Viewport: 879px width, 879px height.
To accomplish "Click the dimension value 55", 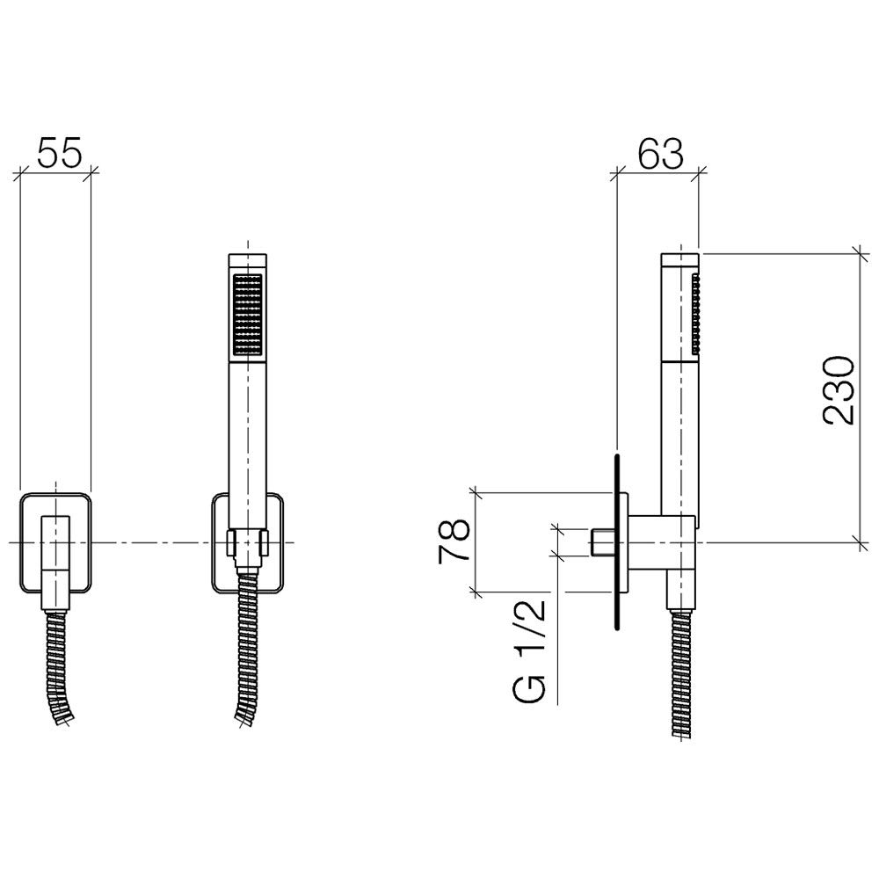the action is coord(60,151).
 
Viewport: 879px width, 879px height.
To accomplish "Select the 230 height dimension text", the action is coord(839,389).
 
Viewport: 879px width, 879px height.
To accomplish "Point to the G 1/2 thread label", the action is coord(528,650).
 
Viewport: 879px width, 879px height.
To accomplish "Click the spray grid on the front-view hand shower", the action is coord(247,314).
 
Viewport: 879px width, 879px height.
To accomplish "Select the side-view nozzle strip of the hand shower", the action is coord(696,314).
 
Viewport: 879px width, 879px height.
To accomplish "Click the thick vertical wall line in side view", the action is coord(617,542).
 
